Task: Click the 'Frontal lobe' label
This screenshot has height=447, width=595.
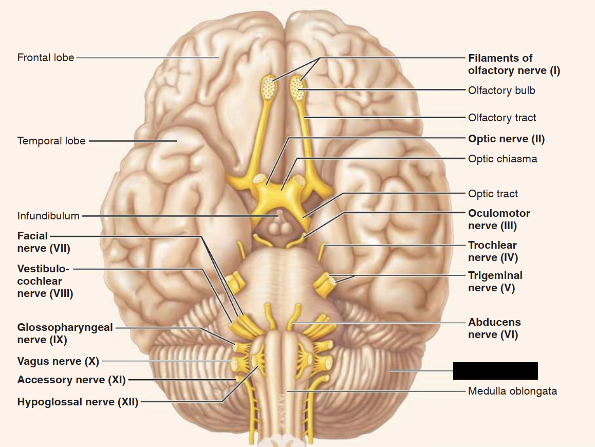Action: pyautogui.click(x=46, y=58)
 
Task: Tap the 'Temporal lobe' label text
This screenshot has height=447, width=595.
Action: pyautogui.click(x=51, y=140)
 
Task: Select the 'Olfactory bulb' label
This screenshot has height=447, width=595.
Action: pyautogui.click(x=501, y=90)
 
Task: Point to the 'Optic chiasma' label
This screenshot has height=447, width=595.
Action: pyautogui.click(x=503, y=159)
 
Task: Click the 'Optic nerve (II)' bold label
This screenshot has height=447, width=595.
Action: pyautogui.click(x=506, y=139)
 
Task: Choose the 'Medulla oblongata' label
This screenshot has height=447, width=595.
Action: pyautogui.click(x=512, y=391)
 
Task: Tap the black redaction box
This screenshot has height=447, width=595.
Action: pyautogui.click(x=495, y=370)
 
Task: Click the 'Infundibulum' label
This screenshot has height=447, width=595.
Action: pyautogui.click(x=48, y=216)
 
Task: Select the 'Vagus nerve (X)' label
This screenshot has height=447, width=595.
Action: pyautogui.click(x=58, y=361)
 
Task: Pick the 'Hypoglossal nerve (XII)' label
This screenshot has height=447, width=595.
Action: pyautogui.click(x=78, y=402)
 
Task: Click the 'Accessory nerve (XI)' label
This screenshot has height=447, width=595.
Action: pyautogui.click(x=71, y=380)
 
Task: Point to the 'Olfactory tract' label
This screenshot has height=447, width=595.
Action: pyautogui.click(x=502, y=118)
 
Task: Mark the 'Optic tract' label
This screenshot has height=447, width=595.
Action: pyautogui.click(x=493, y=194)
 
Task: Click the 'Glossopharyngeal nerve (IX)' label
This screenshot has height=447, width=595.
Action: pyautogui.click(x=65, y=333)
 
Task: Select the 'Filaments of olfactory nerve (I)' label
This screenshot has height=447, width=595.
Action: pyautogui.click(x=513, y=64)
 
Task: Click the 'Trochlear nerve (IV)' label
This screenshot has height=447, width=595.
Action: pyautogui.click(x=492, y=251)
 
